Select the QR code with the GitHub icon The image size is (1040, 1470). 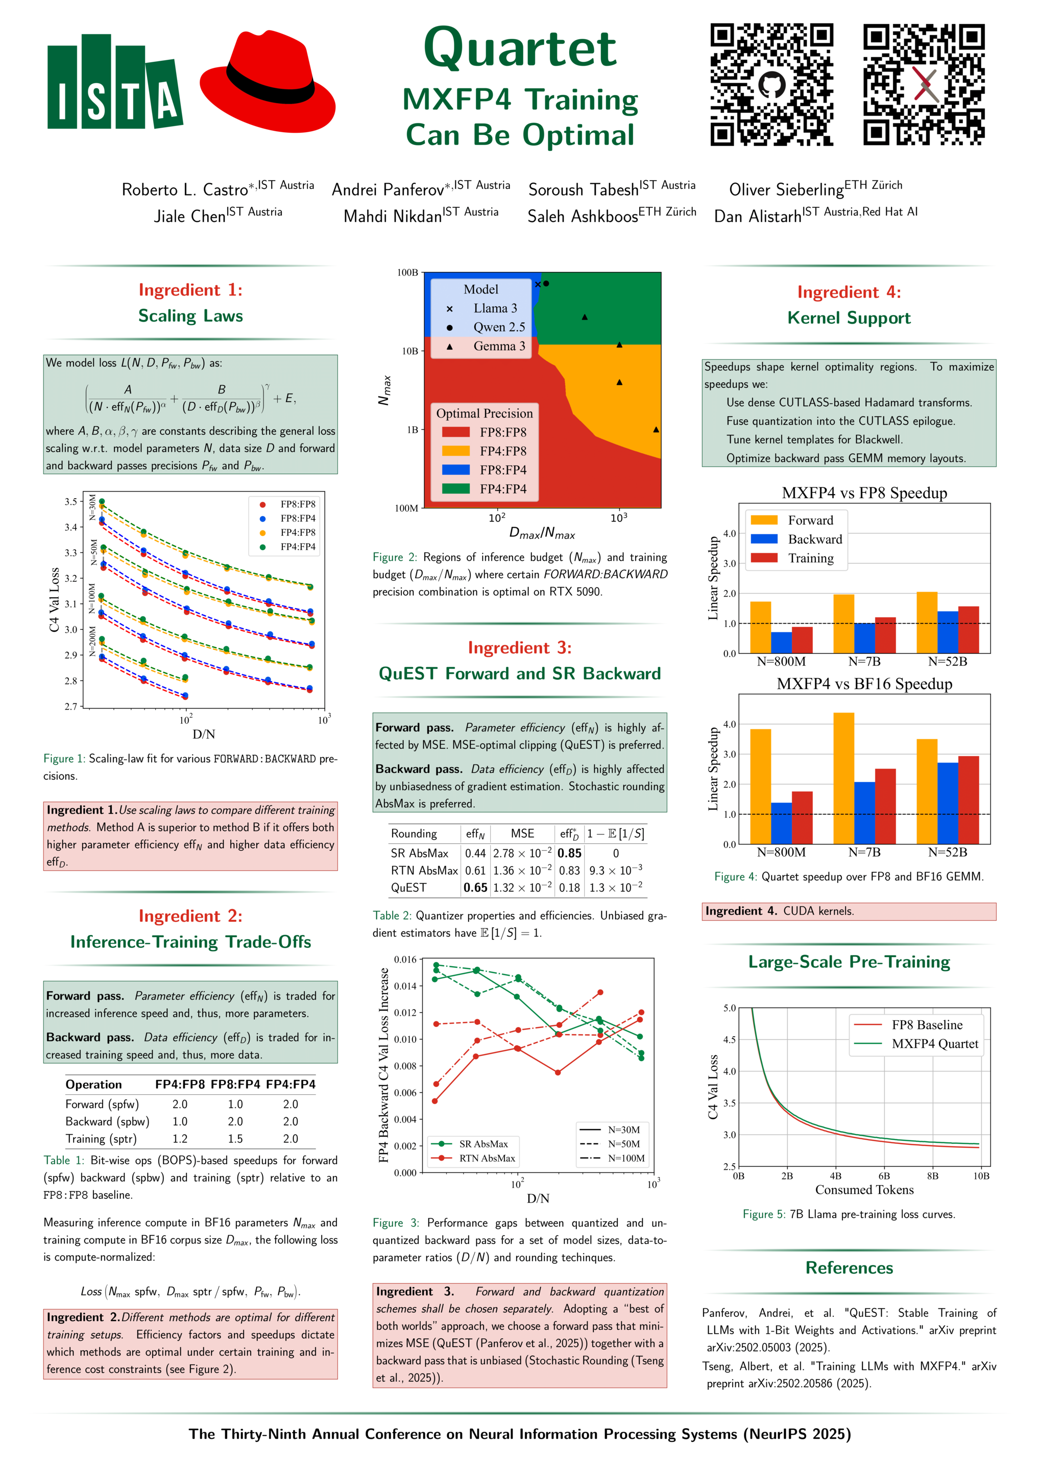[x=771, y=85]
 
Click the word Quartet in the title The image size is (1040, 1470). [x=519, y=48]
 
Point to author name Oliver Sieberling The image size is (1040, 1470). [x=786, y=189]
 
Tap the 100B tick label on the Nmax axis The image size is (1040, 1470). [x=407, y=273]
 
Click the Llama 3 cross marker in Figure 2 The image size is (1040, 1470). [x=538, y=284]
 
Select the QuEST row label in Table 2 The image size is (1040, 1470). [x=408, y=888]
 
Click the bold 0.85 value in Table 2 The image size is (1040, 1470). [x=569, y=853]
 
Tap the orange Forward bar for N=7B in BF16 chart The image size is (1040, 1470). [x=843, y=777]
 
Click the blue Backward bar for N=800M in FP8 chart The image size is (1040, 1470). [x=781, y=642]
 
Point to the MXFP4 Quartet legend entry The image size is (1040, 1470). [x=934, y=1044]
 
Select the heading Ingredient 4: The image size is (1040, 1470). [x=849, y=292]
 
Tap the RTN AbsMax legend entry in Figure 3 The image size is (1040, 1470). [x=487, y=1158]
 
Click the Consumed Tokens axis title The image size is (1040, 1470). [x=864, y=1190]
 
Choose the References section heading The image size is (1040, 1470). [x=849, y=1268]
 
